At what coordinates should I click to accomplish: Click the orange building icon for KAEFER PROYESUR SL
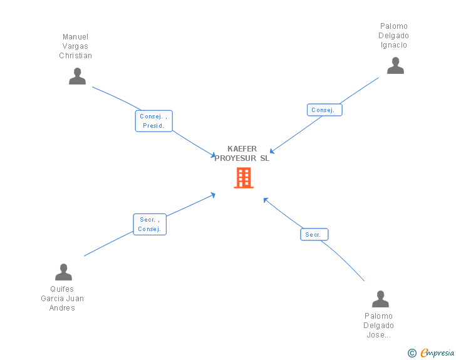(x=243, y=178)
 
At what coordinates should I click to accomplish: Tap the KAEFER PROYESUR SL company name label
(x=242, y=153)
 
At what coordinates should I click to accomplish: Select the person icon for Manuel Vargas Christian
(x=77, y=76)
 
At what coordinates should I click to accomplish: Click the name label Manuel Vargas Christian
(x=75, y=46)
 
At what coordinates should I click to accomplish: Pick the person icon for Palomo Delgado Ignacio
(x=395, y=66)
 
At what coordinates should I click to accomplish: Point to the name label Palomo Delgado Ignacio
(x=393, y=36)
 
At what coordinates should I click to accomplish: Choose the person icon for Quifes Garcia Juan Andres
(x=63, y=272)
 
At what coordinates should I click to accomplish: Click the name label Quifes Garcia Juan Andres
(x=62, y=299)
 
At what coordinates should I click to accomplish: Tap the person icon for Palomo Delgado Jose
(x=380, y=299)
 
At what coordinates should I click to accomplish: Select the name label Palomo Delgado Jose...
(x=378, y=326)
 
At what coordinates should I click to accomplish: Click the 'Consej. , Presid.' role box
(x=153, y=121)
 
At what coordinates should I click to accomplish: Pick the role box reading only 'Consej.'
(x=324, y=110)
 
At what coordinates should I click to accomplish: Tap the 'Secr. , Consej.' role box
(x=150, y=224)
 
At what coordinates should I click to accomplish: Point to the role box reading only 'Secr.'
(x=314, y=235)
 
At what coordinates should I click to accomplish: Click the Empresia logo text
(x=437, y=353)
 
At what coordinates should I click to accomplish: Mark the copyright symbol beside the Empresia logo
(x=412, y=354)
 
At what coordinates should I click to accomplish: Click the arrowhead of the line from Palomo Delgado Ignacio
(x=272, y=152)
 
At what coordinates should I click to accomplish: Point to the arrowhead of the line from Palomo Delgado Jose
(x=266, y=200)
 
